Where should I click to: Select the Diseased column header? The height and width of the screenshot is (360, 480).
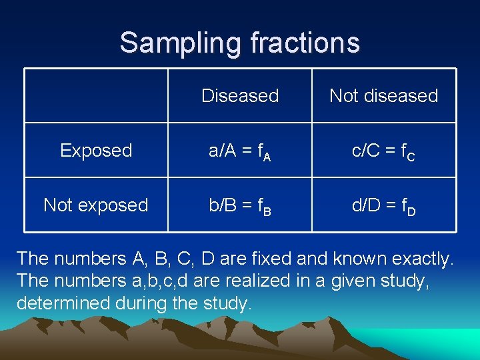[240, 96]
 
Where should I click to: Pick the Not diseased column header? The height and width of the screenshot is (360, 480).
[383, 96]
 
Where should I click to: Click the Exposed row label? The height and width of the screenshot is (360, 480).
[96, 151]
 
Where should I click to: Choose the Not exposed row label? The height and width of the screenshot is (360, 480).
[96, 205]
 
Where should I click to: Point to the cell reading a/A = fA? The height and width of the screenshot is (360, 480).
[240, 151]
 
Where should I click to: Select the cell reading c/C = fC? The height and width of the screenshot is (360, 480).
[383, 151]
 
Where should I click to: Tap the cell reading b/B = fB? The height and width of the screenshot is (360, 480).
[240, 206]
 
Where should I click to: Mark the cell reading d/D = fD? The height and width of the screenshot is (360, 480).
[383, 206]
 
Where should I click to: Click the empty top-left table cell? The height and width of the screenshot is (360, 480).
[96, 96]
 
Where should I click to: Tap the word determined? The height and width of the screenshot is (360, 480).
[57, 304]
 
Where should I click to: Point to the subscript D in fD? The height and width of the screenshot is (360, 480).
[411, 212]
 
